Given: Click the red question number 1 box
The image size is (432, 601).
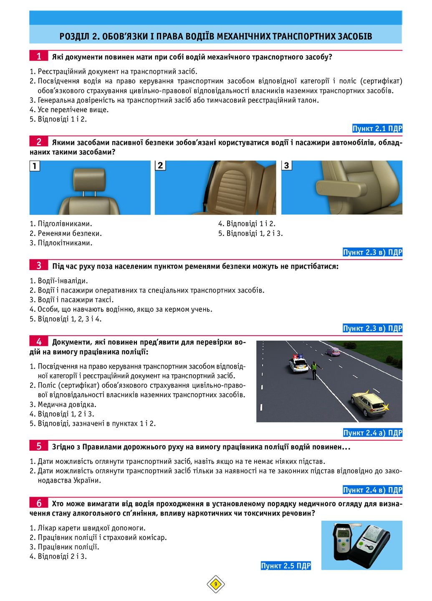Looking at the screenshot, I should [x=39, y=56].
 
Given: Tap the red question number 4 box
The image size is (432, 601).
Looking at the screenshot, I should [x=39, y=341].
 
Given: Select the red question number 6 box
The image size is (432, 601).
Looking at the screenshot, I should [x=39, y=503].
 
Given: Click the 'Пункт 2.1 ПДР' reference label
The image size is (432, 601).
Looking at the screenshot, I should [x=377, y=129].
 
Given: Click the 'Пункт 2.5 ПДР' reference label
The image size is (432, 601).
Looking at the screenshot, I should [x=285, y=566].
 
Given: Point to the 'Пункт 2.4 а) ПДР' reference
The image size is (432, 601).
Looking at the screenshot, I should [x=372, y=433].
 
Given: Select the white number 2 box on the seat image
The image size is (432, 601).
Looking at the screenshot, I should [x=160, y=165].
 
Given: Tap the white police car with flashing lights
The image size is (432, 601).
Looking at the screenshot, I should [x=298, y=363].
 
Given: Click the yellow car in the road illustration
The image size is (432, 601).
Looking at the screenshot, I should [x=368, y=403].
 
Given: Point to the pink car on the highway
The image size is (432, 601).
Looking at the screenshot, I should [x=333, y=351].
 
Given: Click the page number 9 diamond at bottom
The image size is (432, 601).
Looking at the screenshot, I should [x=216, y=584].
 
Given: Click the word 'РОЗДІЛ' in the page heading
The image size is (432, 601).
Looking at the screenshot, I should [x=74, y=36].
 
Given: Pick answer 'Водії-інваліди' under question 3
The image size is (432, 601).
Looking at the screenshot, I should [x=63, y=280].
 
